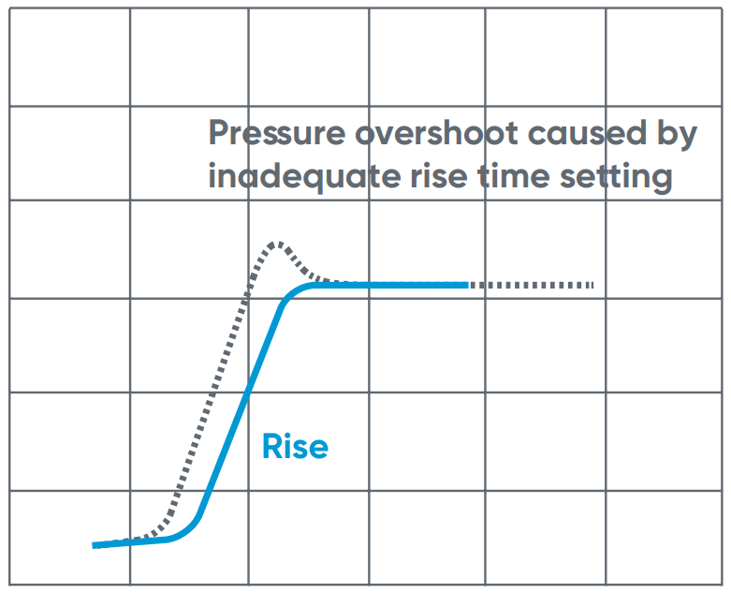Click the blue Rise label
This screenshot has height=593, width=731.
click(x=295, y=446)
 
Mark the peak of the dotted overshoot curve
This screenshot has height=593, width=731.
click(x=276, y=244)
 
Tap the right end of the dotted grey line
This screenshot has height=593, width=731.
click(x=592, y=284)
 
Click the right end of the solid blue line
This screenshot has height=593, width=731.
click(x=466, y=284)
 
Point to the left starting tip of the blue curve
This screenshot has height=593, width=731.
click(x=95, y=544)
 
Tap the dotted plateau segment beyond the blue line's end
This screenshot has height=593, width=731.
click(x=529, y=284)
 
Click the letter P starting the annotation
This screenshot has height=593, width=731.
click(x=218, y=134)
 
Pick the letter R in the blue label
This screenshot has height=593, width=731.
click(x=271, y=446)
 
